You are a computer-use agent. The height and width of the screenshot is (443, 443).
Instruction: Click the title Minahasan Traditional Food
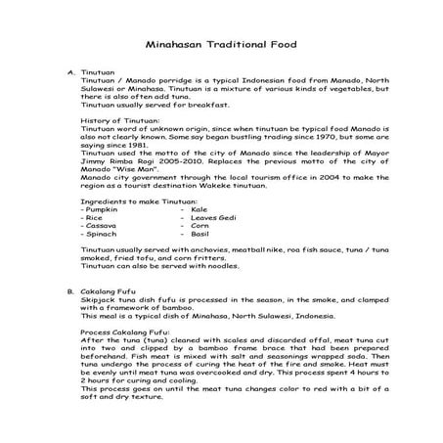(x=221, y=45)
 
